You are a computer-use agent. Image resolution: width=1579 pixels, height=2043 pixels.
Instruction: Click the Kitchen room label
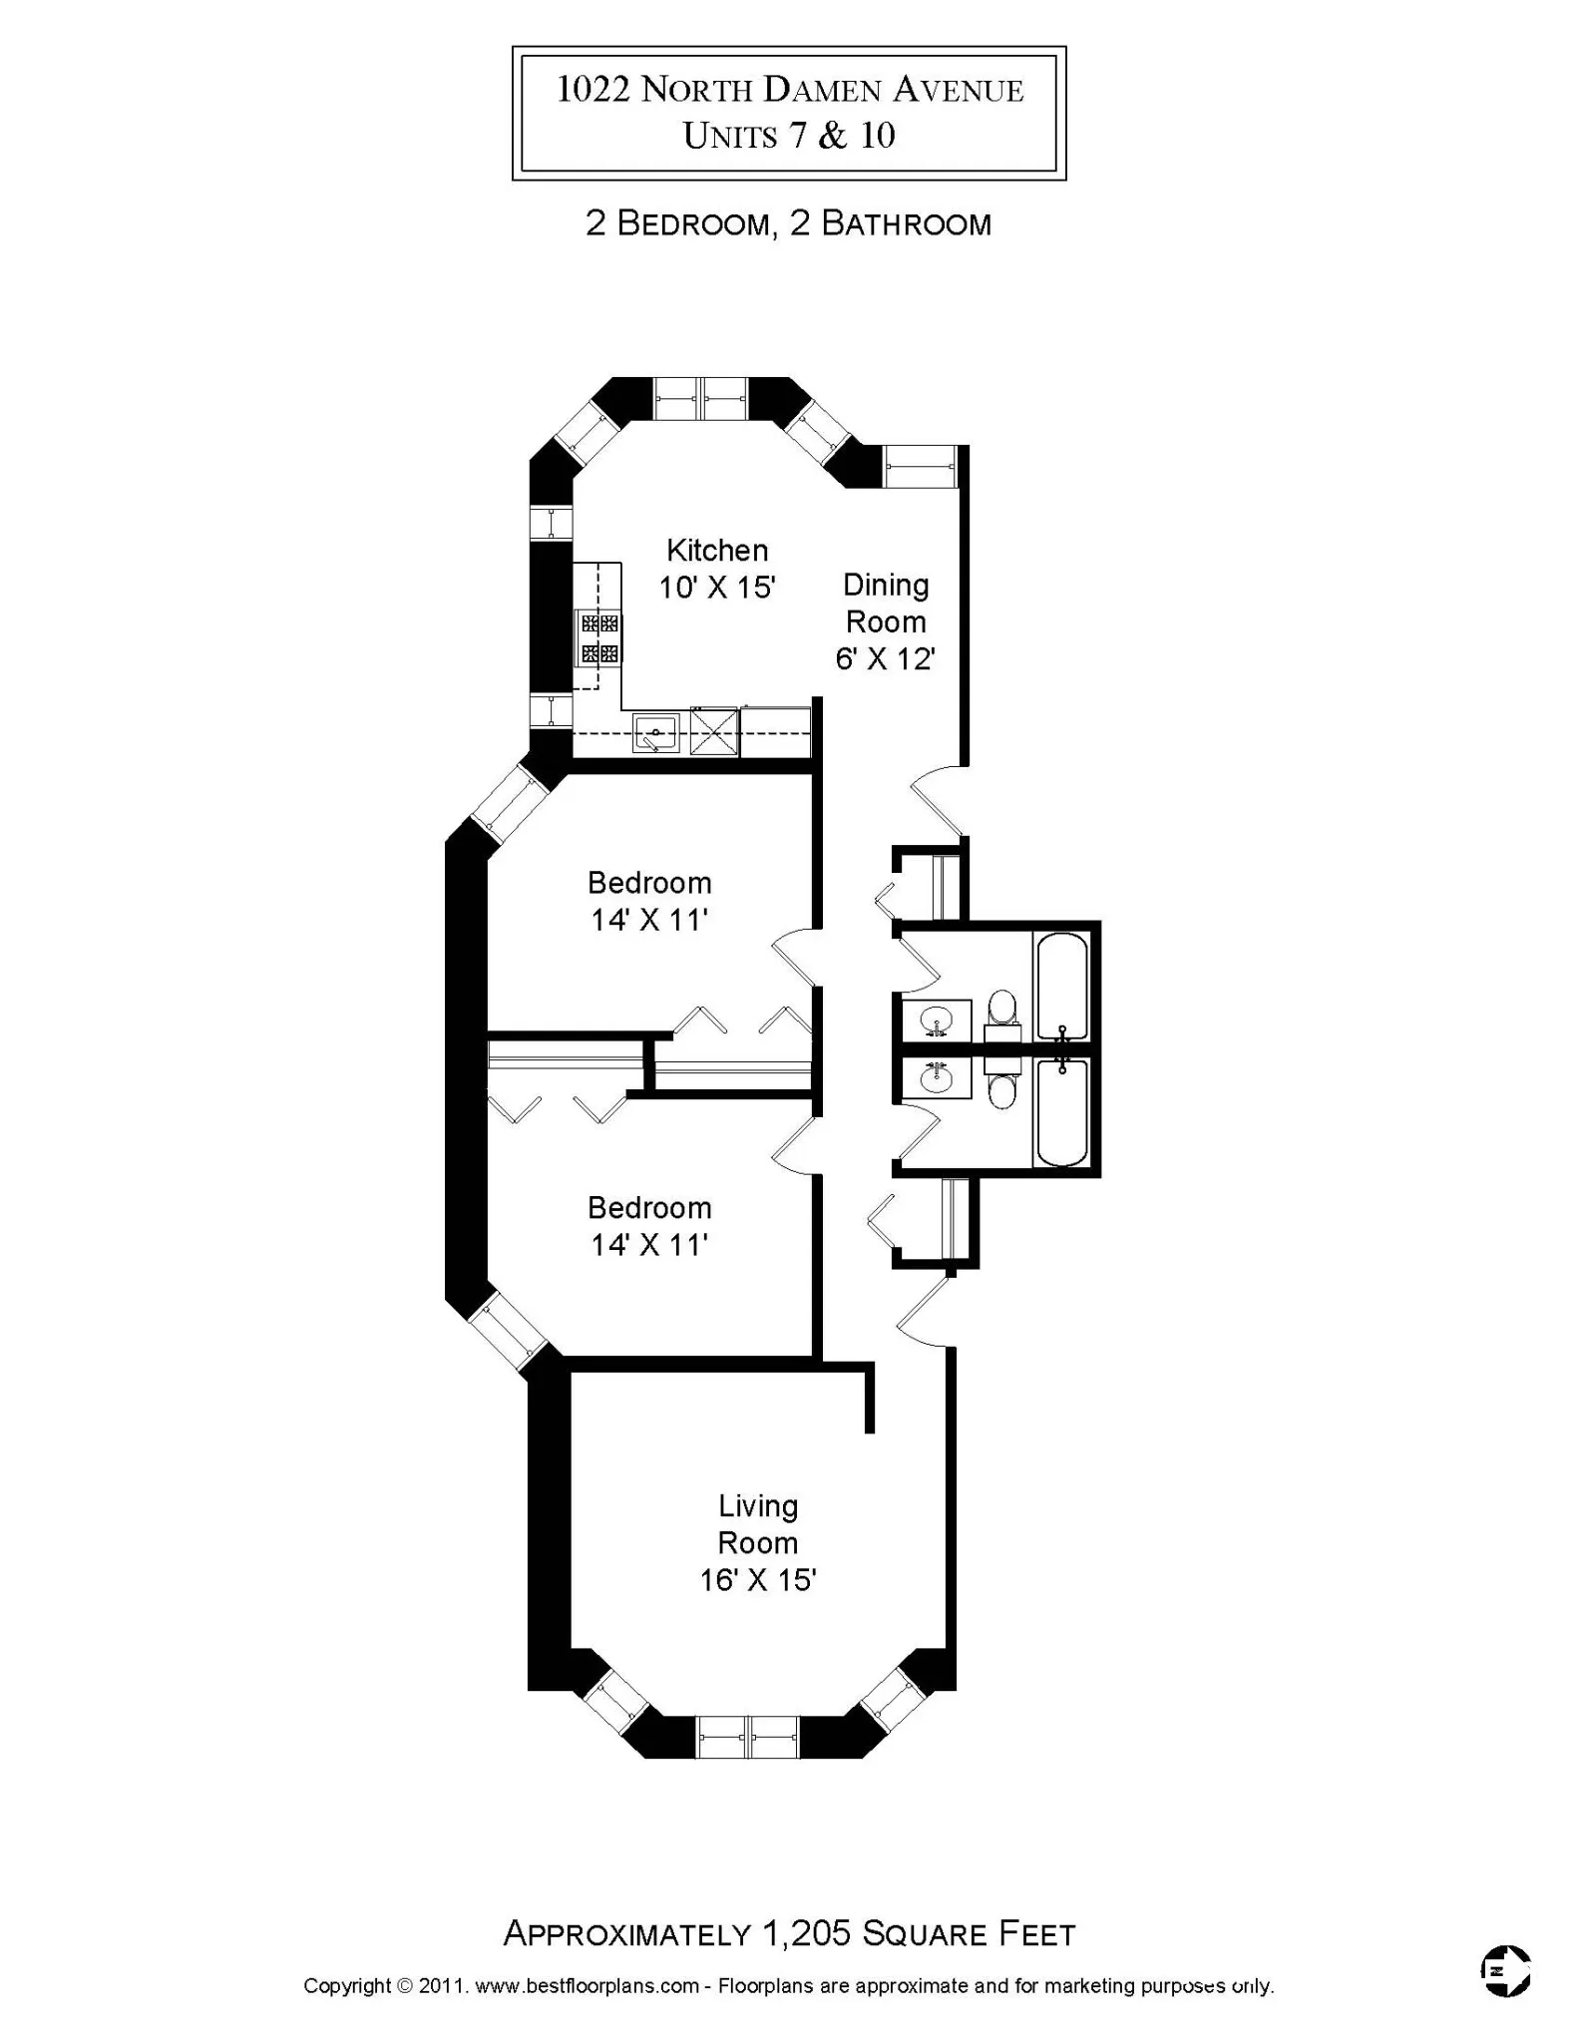pyautogui.click(x=716, y=550)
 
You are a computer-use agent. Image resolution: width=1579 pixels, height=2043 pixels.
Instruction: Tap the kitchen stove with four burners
pyautogui.click(x=599, y=638)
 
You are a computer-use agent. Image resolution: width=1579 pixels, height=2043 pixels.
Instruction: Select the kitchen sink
pyautogui.click(x=655, y=733)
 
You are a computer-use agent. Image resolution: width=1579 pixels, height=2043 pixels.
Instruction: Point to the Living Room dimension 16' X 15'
pyautogui.click(x=757, y=1580)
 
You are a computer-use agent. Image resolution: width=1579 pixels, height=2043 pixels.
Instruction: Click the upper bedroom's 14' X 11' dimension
pyautogui.click(x=648, y=919)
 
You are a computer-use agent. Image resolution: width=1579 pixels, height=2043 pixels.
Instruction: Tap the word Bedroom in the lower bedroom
pyautogui.click(x=648, y=1207)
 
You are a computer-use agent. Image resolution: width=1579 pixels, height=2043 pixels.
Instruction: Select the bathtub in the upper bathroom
pyautogui.click(x=1061, y=986)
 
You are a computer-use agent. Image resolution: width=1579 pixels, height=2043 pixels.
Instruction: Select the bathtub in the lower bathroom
pyautogui.click(x=1061, y=1112)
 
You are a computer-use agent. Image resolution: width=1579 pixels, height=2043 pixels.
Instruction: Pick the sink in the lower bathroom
pyautogui.click(x=936, y=1077)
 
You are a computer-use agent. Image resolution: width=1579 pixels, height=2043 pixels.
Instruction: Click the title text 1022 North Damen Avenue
pyautogui.click(x=789, y=91)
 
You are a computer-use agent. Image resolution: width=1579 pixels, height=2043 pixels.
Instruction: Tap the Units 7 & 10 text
pyautogui.click(x=788, y=136)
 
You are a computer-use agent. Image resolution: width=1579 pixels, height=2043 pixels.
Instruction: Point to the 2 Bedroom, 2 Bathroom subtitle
pyautogui.click(x=788, y=223)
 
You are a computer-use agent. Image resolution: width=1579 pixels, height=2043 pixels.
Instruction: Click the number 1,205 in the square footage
pyautogui.click(x=806, y=1932)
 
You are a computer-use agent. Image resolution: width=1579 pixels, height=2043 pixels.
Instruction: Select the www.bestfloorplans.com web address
pyautogui.click(x=587, y=1985)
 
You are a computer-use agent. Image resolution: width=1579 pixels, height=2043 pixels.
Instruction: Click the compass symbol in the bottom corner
pyautogui.click(x=1505, y=1970)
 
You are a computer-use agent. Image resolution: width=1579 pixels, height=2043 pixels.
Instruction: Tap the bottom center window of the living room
pyautogui.click(x=748, y=1737)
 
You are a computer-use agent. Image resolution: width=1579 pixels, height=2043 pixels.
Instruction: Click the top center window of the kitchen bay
pyautogui.click(x=701, y=399)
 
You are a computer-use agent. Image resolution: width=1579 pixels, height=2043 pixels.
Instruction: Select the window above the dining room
pyautogui.click(x=920, y=466)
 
